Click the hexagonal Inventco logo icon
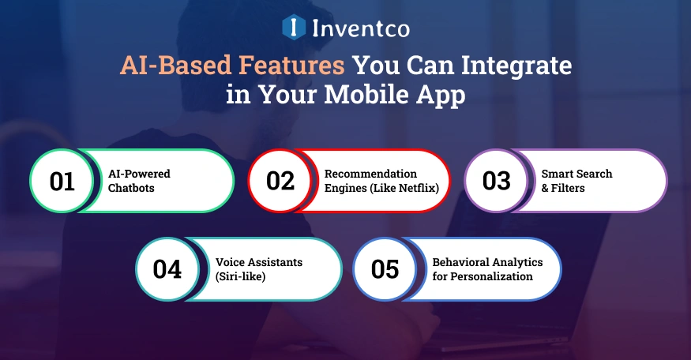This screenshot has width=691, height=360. point(294,28)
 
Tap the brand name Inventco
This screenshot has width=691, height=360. point(361,28)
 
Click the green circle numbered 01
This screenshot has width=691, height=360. point(62,181)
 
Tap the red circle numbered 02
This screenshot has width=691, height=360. point(280,181)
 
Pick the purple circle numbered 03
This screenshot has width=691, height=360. point(496,181)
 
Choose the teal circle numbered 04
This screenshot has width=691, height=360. point(167,269)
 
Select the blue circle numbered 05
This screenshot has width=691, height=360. point(385,269)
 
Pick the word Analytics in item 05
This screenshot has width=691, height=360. point(515,262)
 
